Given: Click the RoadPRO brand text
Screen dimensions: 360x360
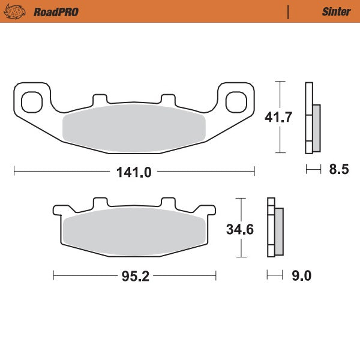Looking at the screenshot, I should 56,11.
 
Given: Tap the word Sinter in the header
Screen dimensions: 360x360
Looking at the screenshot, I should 337,11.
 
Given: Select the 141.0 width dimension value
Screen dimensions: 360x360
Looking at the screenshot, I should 134,172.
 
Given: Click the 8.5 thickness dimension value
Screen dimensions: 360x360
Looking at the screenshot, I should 338,170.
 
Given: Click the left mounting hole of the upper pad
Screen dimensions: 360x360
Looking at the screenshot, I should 32,101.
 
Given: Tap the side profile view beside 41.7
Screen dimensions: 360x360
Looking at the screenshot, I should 313,118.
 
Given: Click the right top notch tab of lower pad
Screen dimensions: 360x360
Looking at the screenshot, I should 168,203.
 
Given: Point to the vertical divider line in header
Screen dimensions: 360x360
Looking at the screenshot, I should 289,11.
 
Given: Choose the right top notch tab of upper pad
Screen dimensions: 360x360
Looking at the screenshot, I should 169,98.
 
